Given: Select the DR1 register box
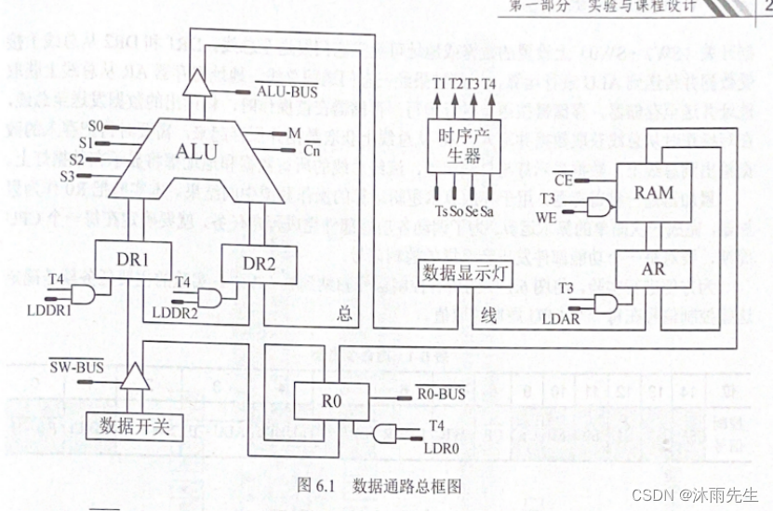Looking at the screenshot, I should tap(133, 260).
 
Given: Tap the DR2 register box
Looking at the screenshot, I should tap(260, 264).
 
